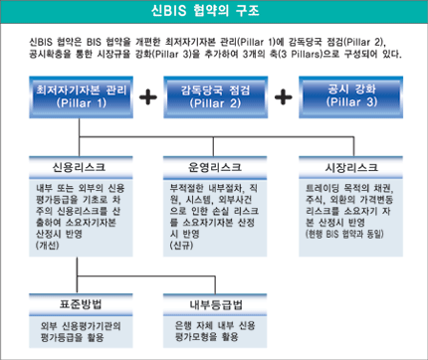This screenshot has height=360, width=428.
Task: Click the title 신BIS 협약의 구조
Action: click(214, 12)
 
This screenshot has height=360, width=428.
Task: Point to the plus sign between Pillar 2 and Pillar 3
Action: click(285, 97)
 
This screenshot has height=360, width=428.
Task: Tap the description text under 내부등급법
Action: click(214, 328)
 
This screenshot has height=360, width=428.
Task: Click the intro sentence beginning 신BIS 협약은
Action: click(214, 46)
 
